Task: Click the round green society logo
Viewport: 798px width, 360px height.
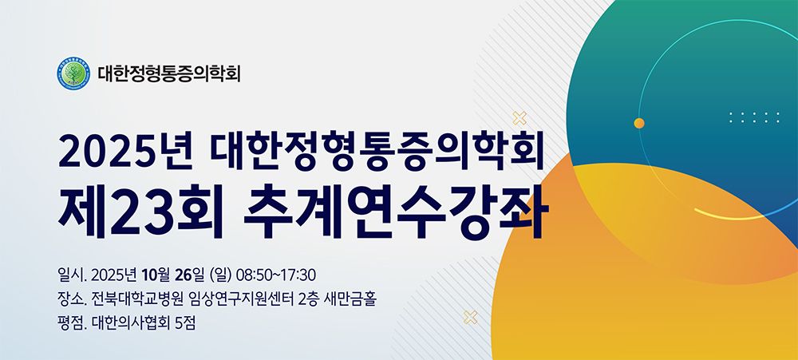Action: (x=73, y=73)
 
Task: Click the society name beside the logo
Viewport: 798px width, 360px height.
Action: (x=169, y=73)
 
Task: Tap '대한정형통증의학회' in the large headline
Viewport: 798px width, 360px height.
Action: (x=377, y=151)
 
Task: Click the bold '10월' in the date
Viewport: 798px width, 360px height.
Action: (x=156, y=275)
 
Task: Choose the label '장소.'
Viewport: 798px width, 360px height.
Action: (x=73, y=299)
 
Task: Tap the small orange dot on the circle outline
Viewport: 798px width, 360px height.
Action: (x=639, y=123)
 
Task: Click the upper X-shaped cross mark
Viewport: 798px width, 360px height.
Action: (x=519, y=118)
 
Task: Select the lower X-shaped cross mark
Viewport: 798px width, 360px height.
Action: (x=471, y=317)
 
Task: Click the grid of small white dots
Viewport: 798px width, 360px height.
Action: (x=754, y=117)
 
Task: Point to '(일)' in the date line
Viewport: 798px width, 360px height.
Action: (x=220, y=275)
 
